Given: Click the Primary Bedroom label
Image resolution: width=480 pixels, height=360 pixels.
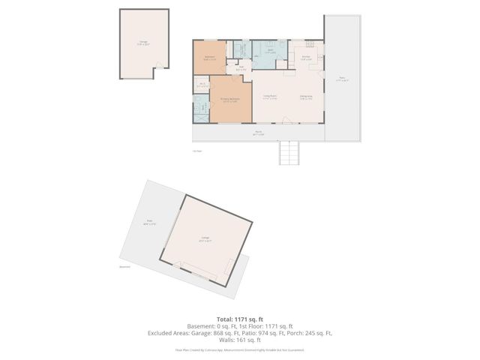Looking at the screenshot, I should tap(229, 100).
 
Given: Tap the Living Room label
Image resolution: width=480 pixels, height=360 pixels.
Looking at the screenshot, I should tap(270, 97).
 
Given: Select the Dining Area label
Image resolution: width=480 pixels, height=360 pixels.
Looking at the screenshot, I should tap(306, 97).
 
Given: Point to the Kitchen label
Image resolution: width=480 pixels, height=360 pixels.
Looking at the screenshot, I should tap(306, 58).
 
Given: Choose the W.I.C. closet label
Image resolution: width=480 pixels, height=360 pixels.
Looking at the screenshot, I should tap(200, 85).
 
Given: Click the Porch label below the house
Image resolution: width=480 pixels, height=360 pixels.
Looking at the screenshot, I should tap(258, 133).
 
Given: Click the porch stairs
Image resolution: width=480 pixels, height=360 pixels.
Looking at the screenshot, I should tap(289, 154).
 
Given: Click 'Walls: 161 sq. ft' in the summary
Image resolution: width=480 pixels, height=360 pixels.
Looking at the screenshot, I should tap(240, 340).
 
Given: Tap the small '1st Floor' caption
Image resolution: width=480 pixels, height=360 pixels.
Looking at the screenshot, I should tap(197, 151).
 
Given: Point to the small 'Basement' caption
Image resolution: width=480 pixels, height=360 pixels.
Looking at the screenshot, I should tap(124, 266).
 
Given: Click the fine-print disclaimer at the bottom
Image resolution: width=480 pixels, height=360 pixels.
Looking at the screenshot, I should tap(240, 349).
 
